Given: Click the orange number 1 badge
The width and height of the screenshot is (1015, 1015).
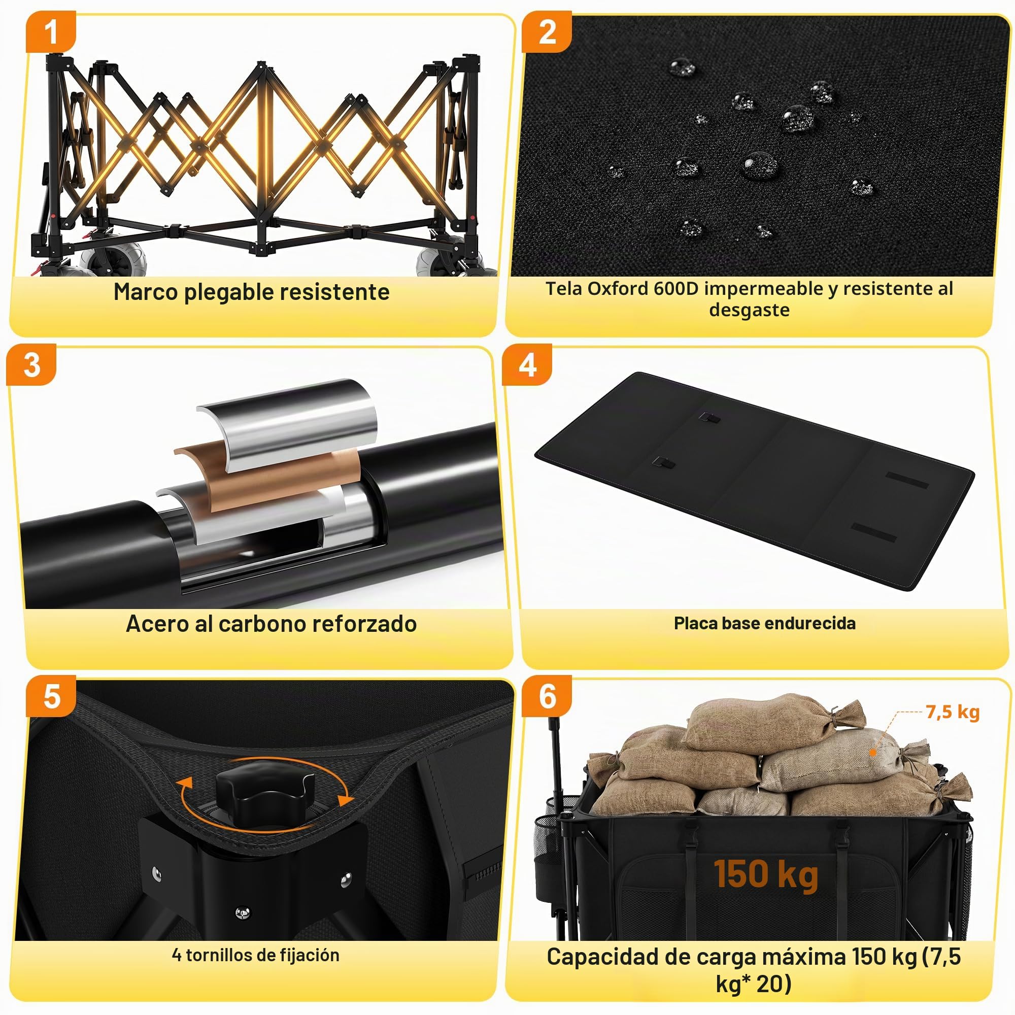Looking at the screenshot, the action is (x=50, y=31).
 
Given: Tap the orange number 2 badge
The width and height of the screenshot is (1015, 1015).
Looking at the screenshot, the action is (x=547, y=31).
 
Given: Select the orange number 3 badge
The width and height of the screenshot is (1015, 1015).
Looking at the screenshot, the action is (x=31, y=364).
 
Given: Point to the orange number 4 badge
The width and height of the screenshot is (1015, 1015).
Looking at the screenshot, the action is (x=527, y=364).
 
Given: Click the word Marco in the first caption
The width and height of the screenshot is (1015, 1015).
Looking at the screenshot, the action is (x=146, y=292).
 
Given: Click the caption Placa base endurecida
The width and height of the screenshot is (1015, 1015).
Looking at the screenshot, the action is (x=764, y=624).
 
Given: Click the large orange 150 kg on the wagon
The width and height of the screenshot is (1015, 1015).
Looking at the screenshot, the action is (x=765, y=874).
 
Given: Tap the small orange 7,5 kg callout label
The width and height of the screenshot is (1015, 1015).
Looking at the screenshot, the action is (x=953, y=713).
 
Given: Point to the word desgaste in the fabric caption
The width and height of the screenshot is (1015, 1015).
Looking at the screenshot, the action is (x=749, y=310).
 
